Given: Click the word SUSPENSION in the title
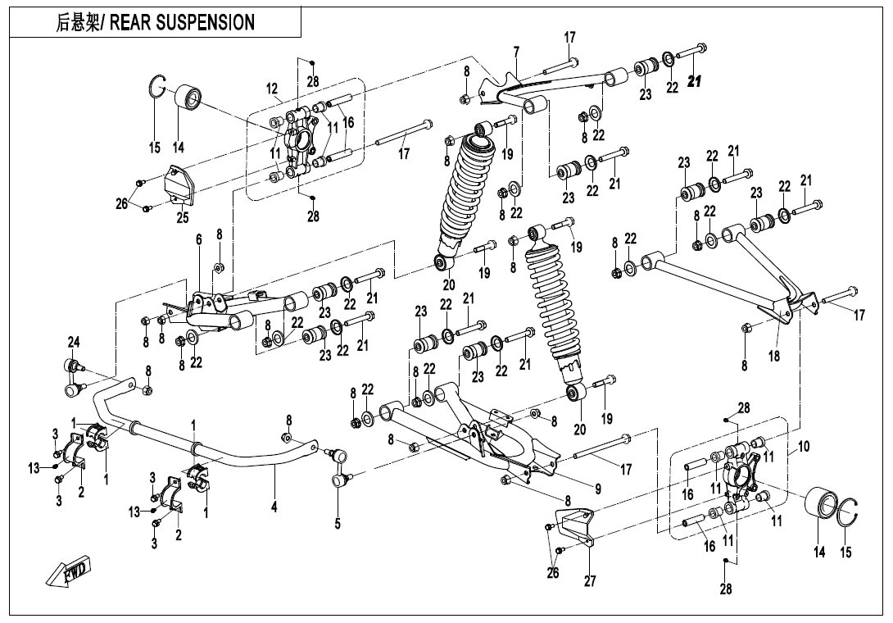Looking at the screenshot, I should tap(211, 23).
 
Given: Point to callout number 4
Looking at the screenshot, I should tap(274, 508).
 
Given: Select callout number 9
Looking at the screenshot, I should tap(598, 489).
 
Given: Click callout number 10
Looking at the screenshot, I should tap(804, 447).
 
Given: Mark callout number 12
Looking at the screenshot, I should tap(273, 89).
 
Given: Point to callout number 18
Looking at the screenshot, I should tap(773, 357).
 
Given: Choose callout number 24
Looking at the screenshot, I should tap(74, 341).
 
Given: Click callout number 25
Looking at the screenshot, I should tap(182, 218).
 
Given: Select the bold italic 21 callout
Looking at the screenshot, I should tap(696, 80).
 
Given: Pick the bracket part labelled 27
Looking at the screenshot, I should tap(574, 530).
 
